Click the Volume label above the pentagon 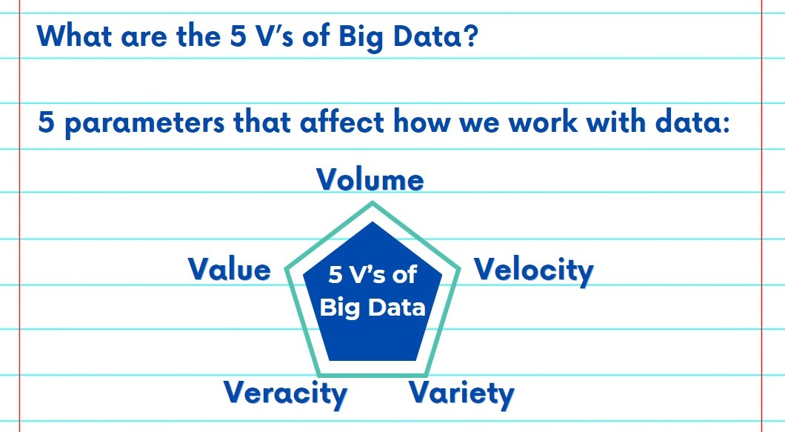point(370,180)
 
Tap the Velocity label point(533,269)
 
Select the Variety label point(461,392)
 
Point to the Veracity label point(285,393)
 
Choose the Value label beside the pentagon point(230,268)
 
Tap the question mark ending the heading point(467,35)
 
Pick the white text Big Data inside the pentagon point(373,307)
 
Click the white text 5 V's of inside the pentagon point(373,276)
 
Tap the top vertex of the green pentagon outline point(373,203)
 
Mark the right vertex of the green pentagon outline point(458,266)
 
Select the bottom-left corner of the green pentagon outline point(319,373)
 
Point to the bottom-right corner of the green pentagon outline point(426,373)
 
